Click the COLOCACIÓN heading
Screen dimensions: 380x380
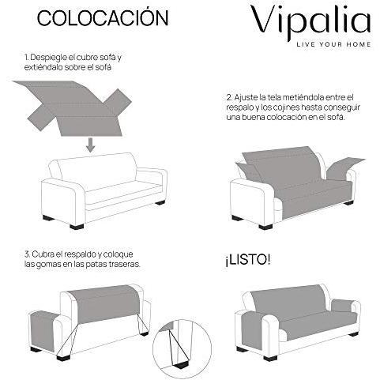pyautogui.click(x=92, y=17)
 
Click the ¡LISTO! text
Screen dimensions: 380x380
pyautogui.click(x=248, y=258)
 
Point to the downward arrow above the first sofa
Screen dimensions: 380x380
pyautogui.click(x=91, y=144)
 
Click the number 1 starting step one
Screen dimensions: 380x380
pyautogui.click(x=26, y=58)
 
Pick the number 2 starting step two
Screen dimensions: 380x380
pyautogui.click(x=227, y=96)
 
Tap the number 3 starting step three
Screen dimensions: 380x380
pyautogui.click(x=26, y=254)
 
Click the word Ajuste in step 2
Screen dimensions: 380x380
pyautogui.click(x=246, y=96)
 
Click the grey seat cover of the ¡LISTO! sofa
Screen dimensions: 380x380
pyautogui.click(x=300, y=321)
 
